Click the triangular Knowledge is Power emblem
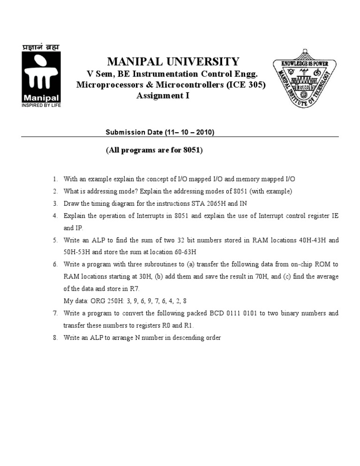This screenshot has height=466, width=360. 304,83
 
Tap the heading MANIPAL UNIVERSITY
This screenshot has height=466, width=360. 173,61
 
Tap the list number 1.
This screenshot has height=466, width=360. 55,179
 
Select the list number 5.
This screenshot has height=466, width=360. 55,240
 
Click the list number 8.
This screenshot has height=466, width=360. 55,338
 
